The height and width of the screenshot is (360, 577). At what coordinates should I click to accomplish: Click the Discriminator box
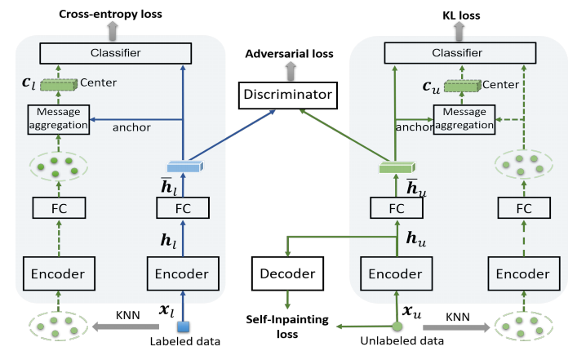click(x=289, y=96)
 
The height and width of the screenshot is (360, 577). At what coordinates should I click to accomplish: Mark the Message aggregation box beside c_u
click(x=463, y=119)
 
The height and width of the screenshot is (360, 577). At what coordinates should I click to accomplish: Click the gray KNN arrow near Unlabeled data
click(x=454, y=328)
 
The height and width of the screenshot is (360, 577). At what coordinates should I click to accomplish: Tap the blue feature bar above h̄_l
click(x=184, y=166)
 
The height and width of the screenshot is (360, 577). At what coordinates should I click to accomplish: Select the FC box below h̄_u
click(x=397, y=208)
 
